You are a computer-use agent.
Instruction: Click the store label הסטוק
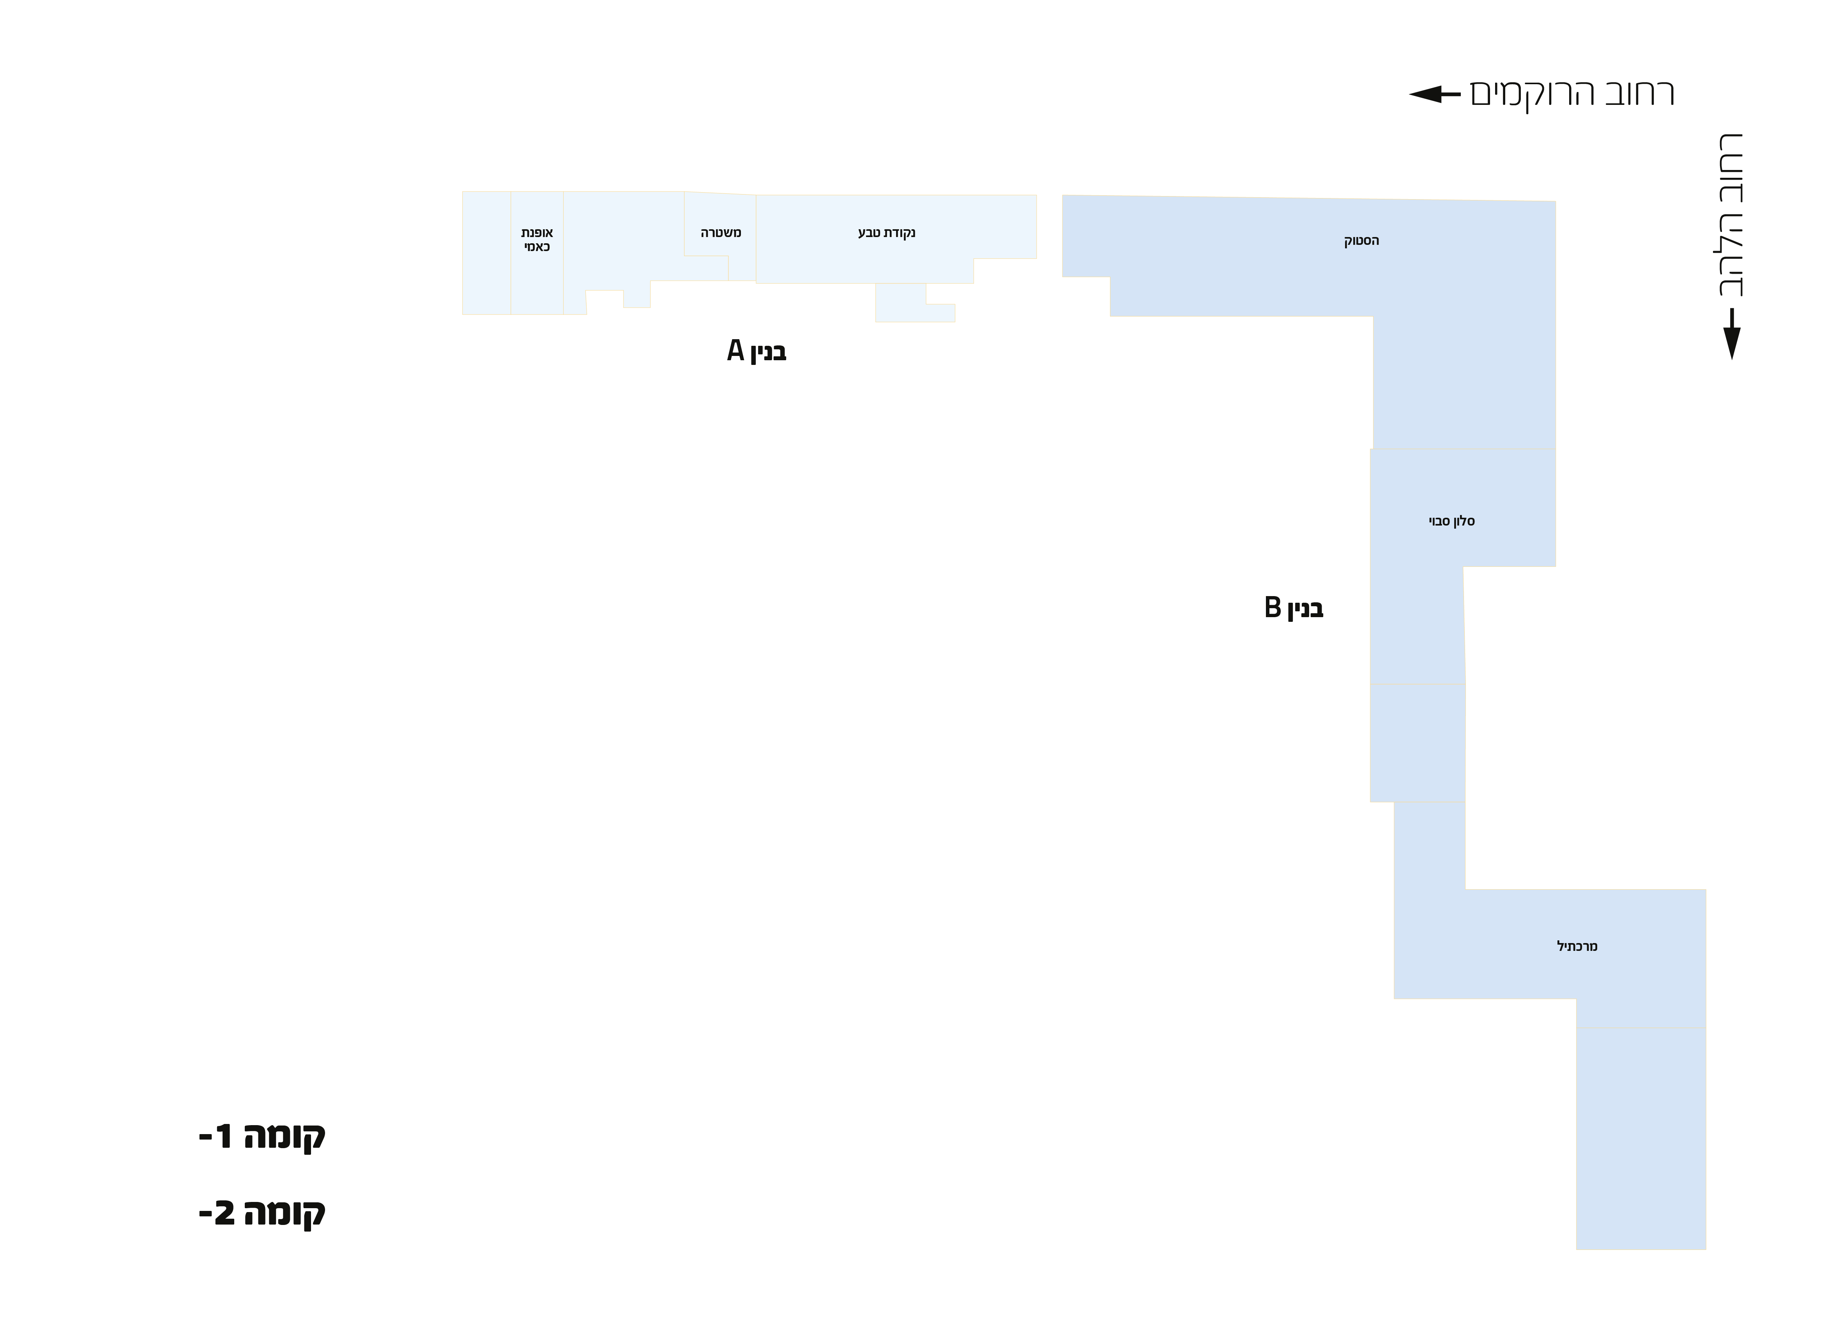1361,241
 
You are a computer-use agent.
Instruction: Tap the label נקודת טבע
887,233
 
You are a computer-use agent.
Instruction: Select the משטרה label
721,233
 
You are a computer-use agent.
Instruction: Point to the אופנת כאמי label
537,240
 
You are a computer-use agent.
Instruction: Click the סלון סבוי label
1451,522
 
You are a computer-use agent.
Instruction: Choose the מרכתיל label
1577,946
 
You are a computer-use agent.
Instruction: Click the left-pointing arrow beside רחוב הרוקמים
1434,94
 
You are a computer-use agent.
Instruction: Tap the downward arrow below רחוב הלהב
1731,334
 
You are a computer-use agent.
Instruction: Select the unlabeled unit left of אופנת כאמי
486,253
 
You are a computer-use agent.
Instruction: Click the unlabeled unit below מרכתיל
1640,1138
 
